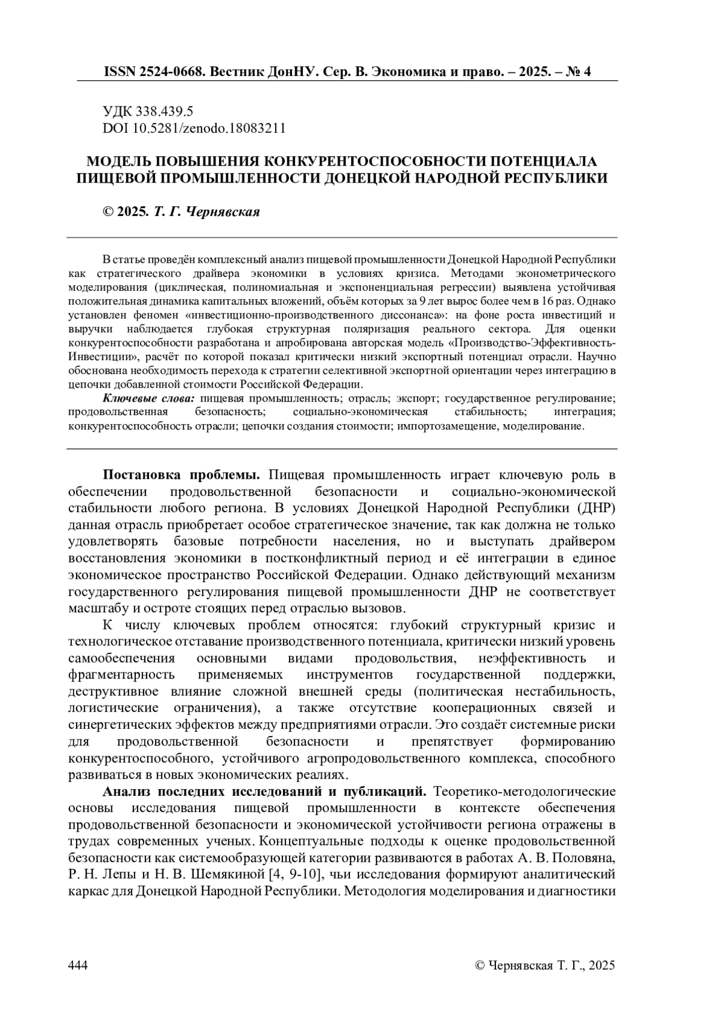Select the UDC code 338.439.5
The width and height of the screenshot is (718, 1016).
click(x=165, y=111)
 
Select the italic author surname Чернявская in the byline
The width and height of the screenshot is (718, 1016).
click(x=224, y=212)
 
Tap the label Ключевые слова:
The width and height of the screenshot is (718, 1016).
click(x=150, y=398)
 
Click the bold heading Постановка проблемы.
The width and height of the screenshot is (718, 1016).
click(x=181, y=475)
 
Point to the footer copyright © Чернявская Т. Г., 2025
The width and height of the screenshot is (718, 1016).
click(x=544, y=965)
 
